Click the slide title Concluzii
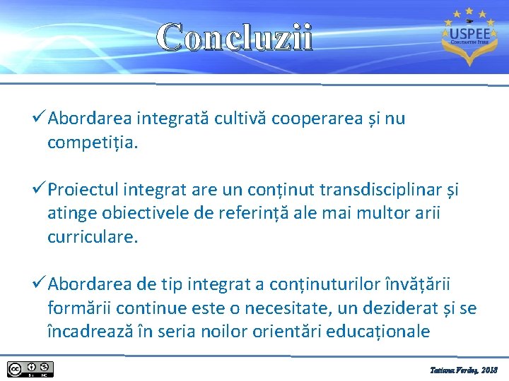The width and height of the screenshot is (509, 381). [234, 37]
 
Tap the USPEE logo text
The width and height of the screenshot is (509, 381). [465, 33]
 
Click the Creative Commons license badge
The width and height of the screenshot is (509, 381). [30, 369]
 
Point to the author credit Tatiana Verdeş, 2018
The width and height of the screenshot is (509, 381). [464, 370]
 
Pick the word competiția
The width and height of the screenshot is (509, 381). [93, 143]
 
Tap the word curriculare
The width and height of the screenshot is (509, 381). [93, 237]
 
